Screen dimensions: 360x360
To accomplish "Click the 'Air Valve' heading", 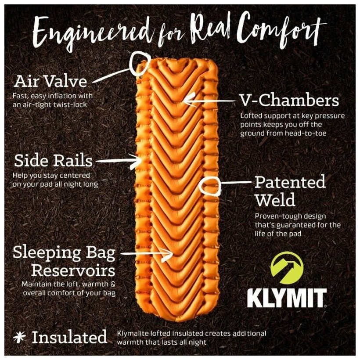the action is tap(50, 81).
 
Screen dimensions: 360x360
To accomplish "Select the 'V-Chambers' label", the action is tap(289, 101).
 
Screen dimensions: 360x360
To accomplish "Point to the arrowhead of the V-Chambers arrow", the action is tap(186, 100).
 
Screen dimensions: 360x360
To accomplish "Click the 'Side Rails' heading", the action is tap(54, 161).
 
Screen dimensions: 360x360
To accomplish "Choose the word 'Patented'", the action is tap(290, 182).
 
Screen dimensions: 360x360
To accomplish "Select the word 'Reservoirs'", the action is tap(73, 269).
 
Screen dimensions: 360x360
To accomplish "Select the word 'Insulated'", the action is tap(69, 337).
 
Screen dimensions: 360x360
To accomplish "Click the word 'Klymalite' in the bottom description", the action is tap(132, 333).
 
